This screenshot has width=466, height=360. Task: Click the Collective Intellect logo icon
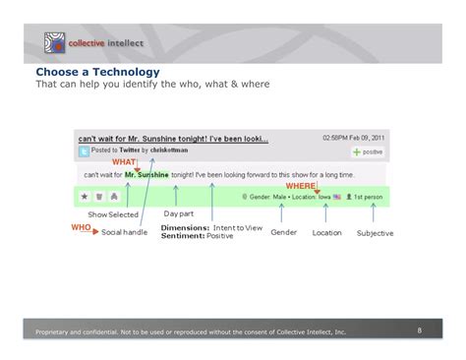pyautogui.click(x=52, y=43)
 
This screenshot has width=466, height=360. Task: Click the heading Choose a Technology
pyautogui.click(x=97, y=73)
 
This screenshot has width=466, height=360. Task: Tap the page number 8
pyautogui.click(x=419, y=330)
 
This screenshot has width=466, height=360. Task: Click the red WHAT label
pyautogui.click(x=124, y=161)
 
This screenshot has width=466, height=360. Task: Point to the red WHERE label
pyautogui.click(x=300, y=185)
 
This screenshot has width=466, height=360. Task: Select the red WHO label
pyautogui.click(x=81, y=227)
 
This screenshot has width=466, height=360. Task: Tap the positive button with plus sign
pyautogui.click(x=367, y=152)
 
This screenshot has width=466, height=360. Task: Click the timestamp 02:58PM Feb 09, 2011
pyautogui.click(x=353, y=139)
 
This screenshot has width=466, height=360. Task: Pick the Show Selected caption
pyautogui.click(x=113, y=214)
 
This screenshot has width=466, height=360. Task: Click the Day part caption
pyautogui.click(x=178, y=213)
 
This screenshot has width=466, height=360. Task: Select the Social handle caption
pyautogui.click(x=124, y=233)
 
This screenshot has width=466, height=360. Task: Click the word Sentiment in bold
pyautogui.click(x=182, y=236)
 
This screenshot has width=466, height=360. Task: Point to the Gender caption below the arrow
pyautogui.click(x=284, y=232)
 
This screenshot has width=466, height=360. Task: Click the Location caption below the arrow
pyautogui.click(x=326, y=233)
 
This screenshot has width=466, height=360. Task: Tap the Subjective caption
pyautogui.click(x=375, y=233)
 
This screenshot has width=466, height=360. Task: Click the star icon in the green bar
pyautogui.click(x=85, y=197)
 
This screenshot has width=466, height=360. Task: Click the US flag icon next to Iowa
pyautogui.click(x=337, y=197)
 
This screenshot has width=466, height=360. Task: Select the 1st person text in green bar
pyautogui.click(x=369, y=197)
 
